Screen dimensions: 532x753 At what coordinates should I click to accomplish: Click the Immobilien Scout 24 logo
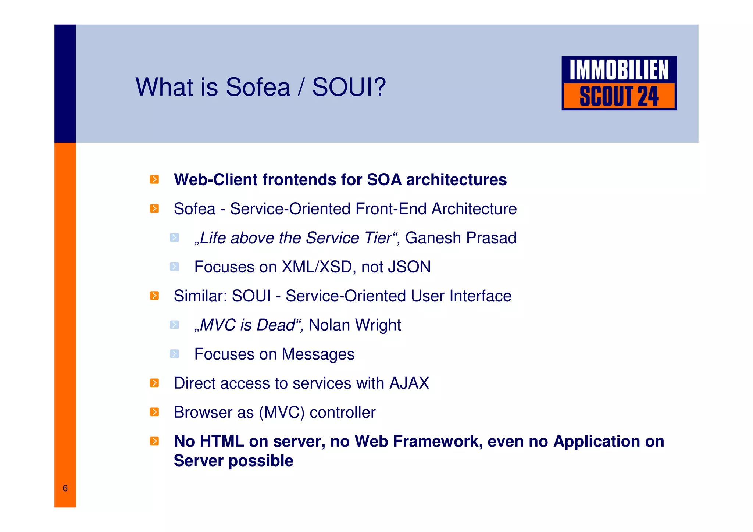tap(619, 83)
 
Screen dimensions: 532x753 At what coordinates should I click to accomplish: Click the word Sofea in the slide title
tap(258, 88)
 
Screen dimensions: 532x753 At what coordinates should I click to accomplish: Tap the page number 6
tap(65, 488)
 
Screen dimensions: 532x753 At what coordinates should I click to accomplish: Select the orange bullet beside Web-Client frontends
tap(154, 179)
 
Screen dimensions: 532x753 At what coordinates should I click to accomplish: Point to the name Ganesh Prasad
tap(461, 238)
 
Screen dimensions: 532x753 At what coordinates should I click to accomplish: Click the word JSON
tap(409, 267)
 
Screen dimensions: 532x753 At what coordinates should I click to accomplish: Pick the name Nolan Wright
tap(355, 325)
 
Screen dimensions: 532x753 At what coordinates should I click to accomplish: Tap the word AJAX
tap(409, 383)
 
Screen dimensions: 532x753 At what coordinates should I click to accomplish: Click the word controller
tap(343, 412)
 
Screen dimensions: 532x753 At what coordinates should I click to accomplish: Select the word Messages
tap(318, 354)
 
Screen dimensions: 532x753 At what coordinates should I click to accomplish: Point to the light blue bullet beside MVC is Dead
tap(174, 325)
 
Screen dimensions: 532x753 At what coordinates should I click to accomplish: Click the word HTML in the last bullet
tap(222, 441)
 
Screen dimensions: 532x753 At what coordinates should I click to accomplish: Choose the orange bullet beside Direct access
tap(154, 383)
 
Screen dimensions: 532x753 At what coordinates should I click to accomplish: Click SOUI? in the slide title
tap(349, 88)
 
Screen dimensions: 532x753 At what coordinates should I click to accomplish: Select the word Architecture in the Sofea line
tap(474, 209)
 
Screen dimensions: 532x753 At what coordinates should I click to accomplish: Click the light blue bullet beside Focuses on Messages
tap(174, 354)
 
